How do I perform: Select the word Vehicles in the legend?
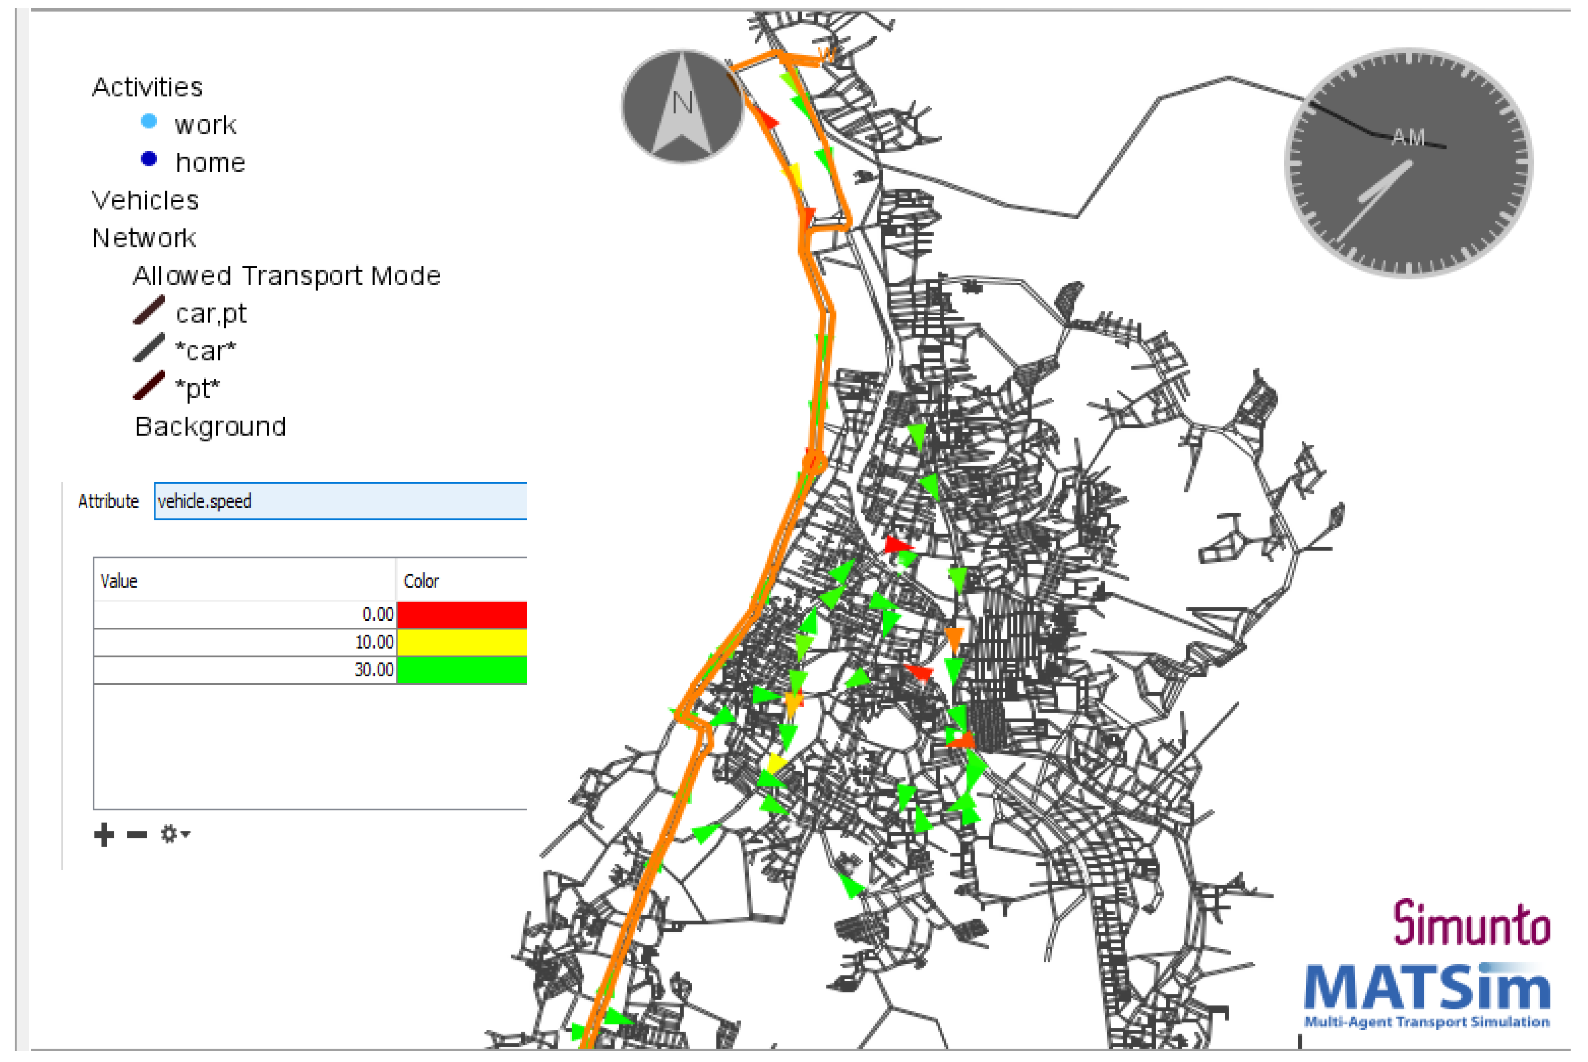click(x=145, y=200)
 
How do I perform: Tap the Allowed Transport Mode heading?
click(x=286, y=276)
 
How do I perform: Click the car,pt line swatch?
click(x=149, y=310)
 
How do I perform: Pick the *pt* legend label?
click(x=198, y=389)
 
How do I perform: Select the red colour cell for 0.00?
click(x=461, y=614)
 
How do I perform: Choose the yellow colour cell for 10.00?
click(x=461, y=642)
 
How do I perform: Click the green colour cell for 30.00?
click(x=461, y=670)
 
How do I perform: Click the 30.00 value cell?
click(x=244, y=670)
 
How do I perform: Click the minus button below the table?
click(x=137, y=835)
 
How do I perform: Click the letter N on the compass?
click(x=682, y=103)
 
